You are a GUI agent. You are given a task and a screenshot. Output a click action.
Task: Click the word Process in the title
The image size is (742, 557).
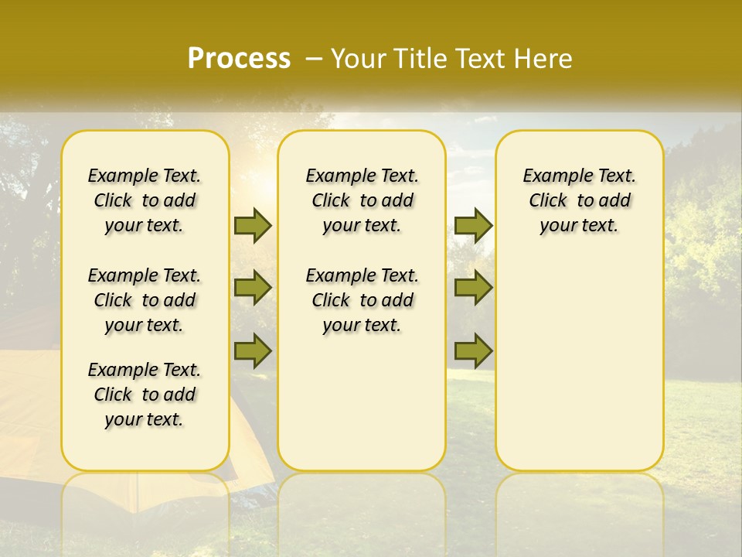[x=239, y=58]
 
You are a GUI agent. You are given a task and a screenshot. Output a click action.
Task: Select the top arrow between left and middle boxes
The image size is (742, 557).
[x=253, y=225]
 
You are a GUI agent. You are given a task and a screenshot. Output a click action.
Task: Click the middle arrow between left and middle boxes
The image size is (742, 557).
[x=253, y=288]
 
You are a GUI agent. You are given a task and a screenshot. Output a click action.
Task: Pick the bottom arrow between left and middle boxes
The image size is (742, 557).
[x=253, y=350]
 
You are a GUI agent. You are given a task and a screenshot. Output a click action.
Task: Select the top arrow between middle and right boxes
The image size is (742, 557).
[x=473, y=225]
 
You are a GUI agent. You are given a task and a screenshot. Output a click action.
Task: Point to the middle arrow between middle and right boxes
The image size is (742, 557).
[x=473, y=288]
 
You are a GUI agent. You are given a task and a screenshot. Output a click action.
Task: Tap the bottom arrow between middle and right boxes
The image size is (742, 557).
[x=473, y=350]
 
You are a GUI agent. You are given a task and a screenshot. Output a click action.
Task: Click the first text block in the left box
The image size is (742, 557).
[x=145, y=200]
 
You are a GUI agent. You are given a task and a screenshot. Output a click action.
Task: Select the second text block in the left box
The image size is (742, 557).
[x=145, y=300]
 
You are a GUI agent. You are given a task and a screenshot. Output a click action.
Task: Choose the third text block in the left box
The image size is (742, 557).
[x=145, y=395]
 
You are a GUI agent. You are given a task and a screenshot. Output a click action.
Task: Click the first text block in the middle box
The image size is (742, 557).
[x=362, y=200]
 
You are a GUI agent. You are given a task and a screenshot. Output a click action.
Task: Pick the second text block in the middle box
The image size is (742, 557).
[x=362, y=300]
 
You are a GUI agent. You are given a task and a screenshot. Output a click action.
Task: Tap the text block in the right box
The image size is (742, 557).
[x=580, y=200]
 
